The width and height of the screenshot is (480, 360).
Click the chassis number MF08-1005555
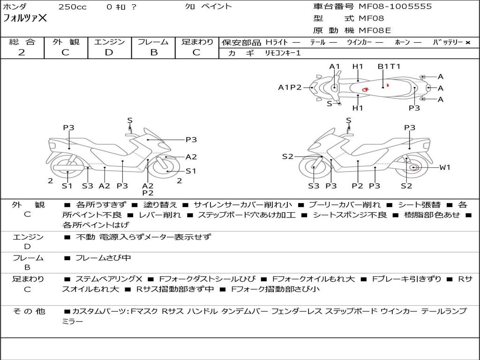395,7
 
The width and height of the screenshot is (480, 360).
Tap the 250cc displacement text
72,7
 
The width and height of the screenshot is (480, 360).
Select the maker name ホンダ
15,7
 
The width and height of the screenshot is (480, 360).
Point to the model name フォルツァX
25,19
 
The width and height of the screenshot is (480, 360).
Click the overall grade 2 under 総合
22,52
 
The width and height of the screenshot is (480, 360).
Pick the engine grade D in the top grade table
109,52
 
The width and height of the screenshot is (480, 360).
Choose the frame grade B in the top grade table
153,52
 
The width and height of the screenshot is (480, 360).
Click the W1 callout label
444,167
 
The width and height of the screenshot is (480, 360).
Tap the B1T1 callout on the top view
389,67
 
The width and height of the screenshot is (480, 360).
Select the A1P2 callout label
290,87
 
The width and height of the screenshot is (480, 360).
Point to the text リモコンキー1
283,53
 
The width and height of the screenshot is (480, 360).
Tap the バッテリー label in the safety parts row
448,43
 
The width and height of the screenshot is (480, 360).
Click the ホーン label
402,43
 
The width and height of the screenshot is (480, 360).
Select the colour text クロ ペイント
208,7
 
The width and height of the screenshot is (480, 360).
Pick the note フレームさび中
103,258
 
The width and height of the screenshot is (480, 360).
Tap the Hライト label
277,43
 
